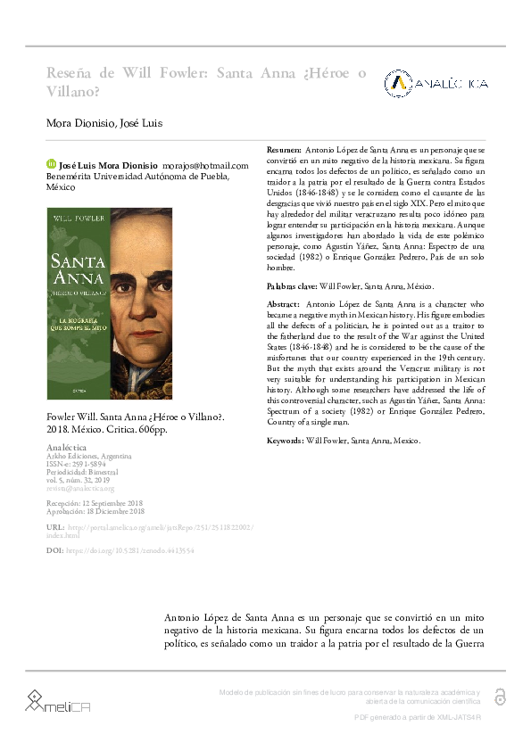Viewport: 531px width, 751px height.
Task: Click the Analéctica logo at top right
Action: pyautogui.click(x=436, y=83)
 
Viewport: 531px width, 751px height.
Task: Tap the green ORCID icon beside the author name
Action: pyautogui.click(x=51, y=165)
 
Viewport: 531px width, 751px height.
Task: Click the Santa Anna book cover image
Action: pyautogui.click(x=110, y=303)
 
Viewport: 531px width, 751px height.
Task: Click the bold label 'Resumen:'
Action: pyautogui.click(x=285, y=150)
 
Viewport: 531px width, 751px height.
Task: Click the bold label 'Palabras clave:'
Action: pyautogui.click(x=292, y=286)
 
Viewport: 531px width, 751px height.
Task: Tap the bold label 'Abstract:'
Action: pyautogui.click(x=284, y=304)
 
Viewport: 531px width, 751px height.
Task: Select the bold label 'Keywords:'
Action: pyautogui.click(x=286, y=441)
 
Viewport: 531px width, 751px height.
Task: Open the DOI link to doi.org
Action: pyautogui.click(x=130, y=551)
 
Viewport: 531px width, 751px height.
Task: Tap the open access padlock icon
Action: pyautogui.click(x=500, y=697)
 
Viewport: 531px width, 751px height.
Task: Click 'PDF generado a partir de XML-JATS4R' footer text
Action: pyautogui.click(x=418, y=717)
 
